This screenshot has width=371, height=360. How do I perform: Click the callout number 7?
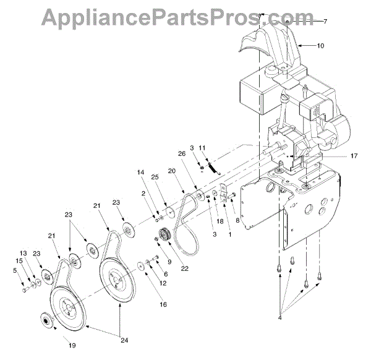pos(325,22)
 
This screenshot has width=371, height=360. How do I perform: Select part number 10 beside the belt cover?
pos(320,46)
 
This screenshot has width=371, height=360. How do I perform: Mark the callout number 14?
pos(140,173)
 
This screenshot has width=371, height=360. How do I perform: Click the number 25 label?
pos(155,178)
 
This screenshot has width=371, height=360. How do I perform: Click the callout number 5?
pos(15,270)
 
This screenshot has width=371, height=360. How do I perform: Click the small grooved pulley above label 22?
pos(165,235)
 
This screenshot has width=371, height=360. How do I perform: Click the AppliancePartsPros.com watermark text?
pos(185,19)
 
